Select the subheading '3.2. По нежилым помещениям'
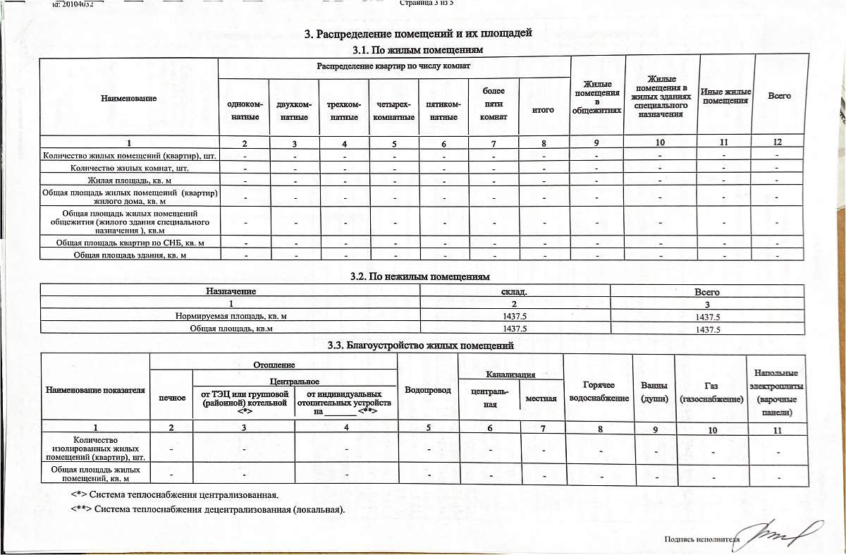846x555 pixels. [x=419, y=276]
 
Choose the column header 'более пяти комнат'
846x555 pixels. [x=493, y=104]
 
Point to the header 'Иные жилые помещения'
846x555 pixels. [x=725, y=96]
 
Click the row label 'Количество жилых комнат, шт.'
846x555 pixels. [x=130, y=168]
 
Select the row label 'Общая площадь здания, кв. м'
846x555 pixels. [x=130, y=255]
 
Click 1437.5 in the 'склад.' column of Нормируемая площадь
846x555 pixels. [x=514, y=317]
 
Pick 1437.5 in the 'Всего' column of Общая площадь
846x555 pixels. [x=707, y=329]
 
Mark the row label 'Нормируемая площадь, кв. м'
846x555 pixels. [x=231, y=317]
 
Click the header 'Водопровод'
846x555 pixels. [x=427, y=390]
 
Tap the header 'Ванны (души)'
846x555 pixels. [x=654, y=392]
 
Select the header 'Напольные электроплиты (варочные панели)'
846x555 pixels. [x=775, y=392]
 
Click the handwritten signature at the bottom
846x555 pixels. [x=779, y=534]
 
